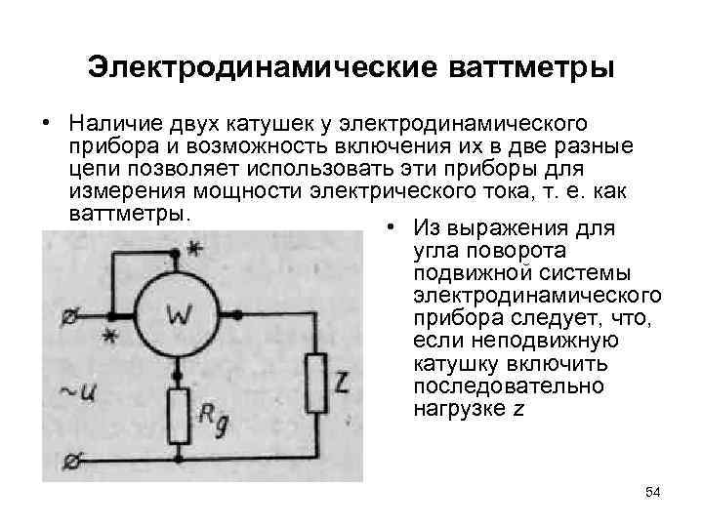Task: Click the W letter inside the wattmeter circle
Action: [180, 315]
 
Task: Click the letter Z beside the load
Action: [341, 381]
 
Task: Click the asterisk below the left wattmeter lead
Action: [109, 337]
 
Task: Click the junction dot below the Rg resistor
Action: [180, 456]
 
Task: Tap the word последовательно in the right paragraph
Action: [509, 386]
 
